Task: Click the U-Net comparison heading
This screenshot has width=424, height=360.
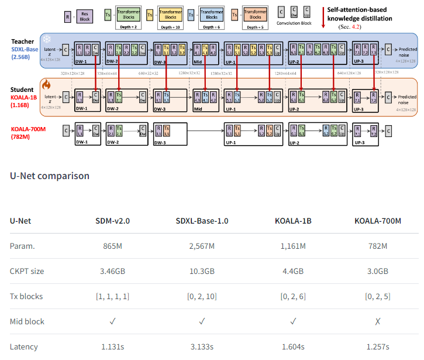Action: point(50,176)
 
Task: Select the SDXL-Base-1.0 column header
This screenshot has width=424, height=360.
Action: point(202,221)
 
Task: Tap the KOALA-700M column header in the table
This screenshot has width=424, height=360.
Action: point(378,221)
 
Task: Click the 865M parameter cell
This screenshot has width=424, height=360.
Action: point(113,246)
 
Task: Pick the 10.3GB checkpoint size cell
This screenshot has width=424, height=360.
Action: point(202,271)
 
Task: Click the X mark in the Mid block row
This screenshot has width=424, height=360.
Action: point(378,321)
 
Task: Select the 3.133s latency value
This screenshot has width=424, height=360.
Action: point(202,347)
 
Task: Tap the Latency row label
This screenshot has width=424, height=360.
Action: point(24,347)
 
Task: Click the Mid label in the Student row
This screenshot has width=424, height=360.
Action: point(198,109)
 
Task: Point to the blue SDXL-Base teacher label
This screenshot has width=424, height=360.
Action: point(24,49)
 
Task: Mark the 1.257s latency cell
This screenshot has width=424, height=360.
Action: point(378,347)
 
